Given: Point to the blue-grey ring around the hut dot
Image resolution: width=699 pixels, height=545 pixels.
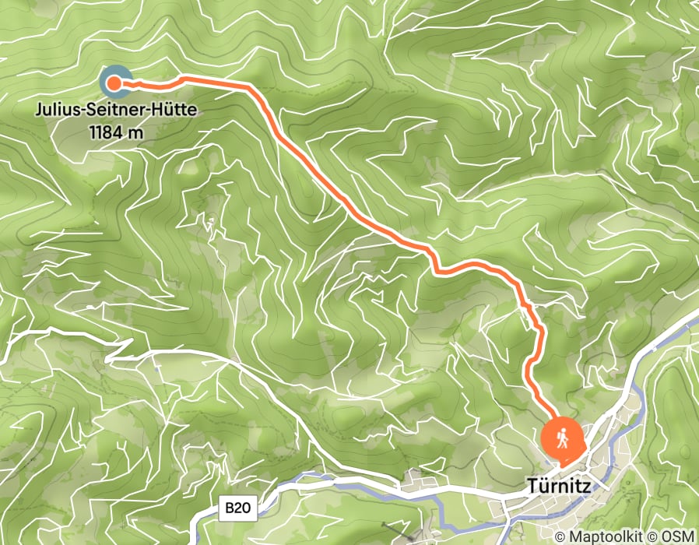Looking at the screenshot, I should (105, 74).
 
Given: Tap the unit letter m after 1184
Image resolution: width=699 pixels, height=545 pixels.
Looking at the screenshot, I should (137, 133).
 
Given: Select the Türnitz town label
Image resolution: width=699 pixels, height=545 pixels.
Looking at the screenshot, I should (559, 485).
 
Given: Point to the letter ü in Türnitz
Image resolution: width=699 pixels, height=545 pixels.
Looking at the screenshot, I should (543, 485).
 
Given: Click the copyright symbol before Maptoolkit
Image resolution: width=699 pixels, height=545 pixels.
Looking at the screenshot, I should (562, 536).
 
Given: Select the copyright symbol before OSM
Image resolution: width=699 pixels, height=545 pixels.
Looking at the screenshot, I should (652, 536).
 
